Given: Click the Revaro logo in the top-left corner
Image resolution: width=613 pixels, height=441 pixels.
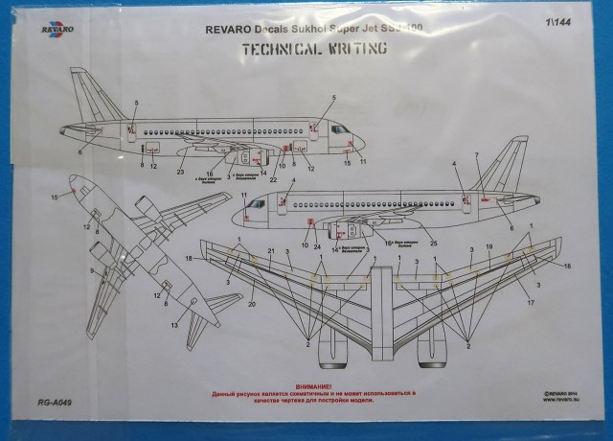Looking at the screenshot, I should [50, 35].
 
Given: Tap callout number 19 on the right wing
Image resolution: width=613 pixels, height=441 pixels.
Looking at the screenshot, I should [489, 247].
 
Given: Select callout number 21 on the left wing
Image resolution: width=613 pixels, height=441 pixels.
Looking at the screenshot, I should [271, 251].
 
